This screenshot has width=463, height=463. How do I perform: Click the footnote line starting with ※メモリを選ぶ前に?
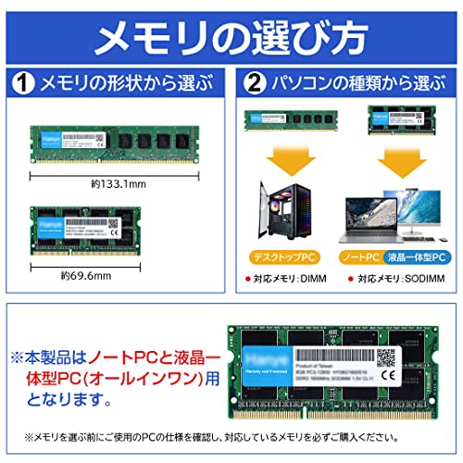(231, 437)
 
